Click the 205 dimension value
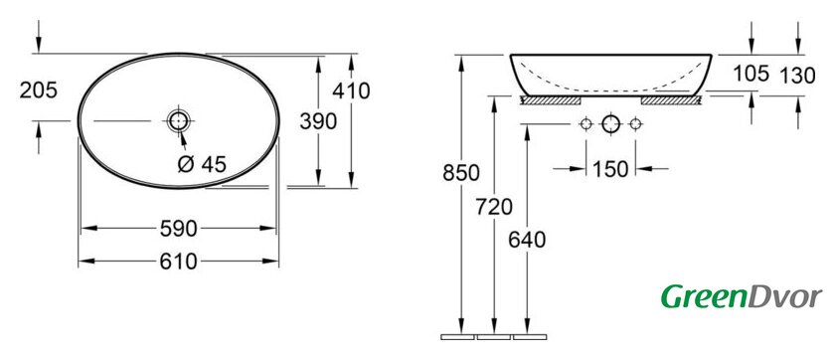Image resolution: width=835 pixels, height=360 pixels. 39,90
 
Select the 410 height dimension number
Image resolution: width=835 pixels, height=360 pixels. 351,91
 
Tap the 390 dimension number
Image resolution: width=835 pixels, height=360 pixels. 318,122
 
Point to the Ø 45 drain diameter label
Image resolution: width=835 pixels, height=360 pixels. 202,164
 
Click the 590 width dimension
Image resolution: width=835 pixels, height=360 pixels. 178,229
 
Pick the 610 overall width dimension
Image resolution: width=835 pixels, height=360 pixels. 178,262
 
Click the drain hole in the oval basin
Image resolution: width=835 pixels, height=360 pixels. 178,121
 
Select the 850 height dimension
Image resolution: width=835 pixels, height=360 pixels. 461,173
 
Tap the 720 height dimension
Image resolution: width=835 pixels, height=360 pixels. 494,207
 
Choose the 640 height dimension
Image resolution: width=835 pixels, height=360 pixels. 527,241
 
